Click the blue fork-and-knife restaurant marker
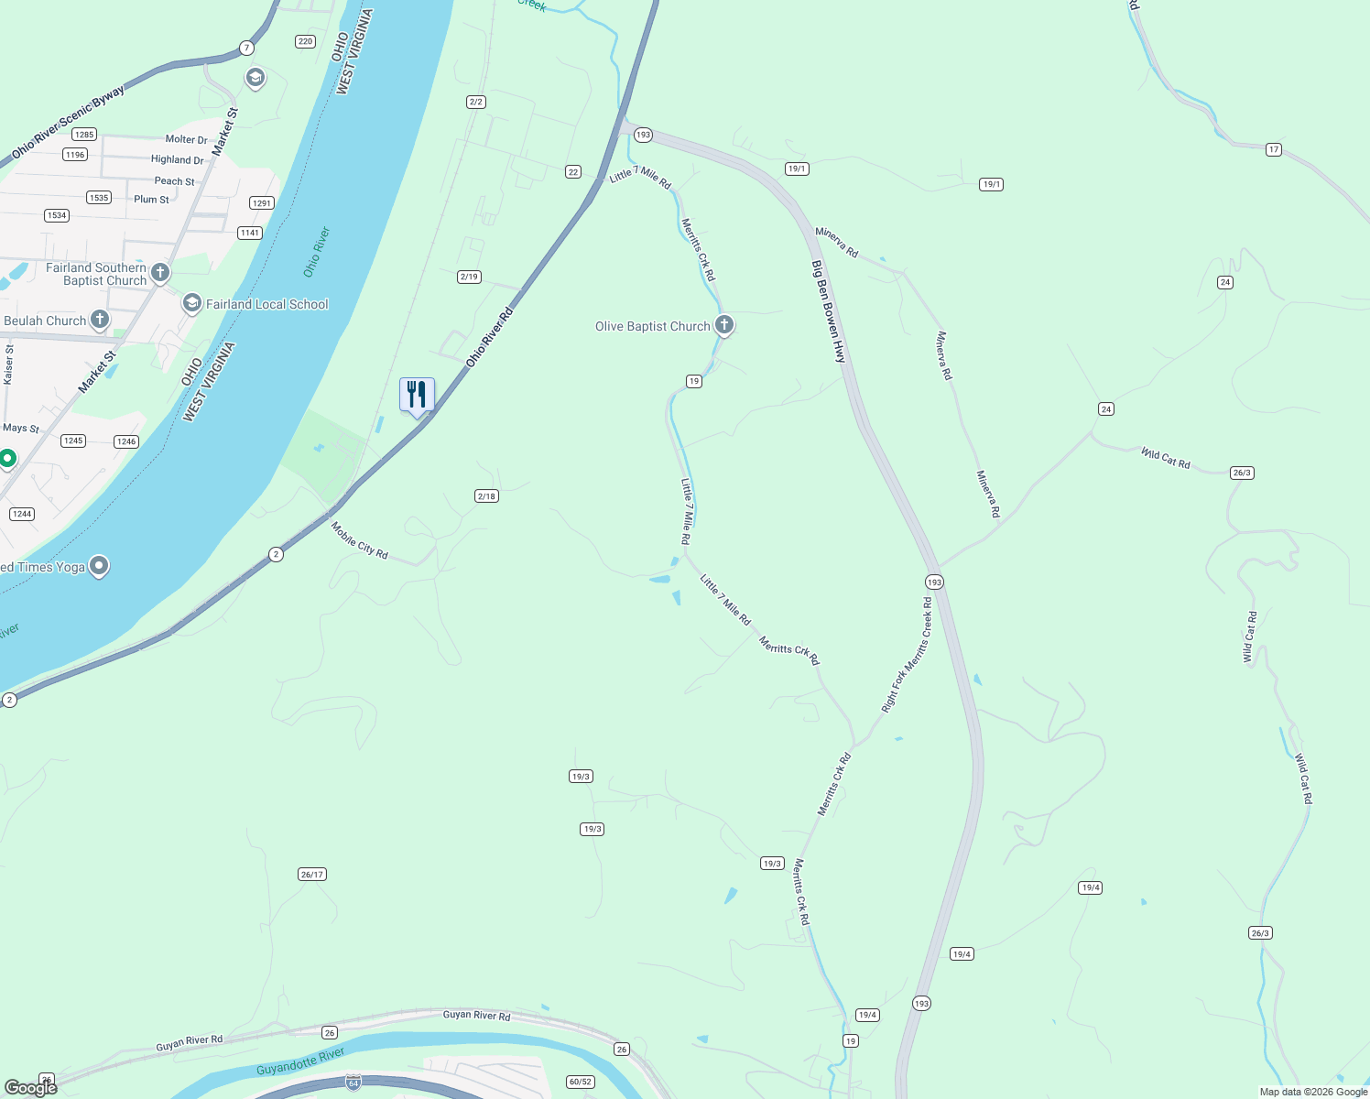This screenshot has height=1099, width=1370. (x=417, y=396)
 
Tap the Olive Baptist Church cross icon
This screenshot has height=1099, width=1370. (x=724, y=324)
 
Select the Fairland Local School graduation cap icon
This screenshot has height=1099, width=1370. (x=192, y=303)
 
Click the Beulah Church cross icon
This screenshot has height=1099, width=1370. (x=100, y=320)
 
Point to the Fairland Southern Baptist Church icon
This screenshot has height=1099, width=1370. (x=160, y=272)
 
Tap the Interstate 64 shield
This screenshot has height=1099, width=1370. (x=353, y=1083)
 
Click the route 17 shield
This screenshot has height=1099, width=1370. (x=1273, y=149)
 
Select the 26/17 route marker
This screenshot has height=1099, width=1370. (x=312, y=875)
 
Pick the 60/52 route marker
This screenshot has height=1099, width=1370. (x=581, y=1082)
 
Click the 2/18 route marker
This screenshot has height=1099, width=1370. (x=486, y=496)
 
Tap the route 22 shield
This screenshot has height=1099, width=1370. (x=573, y=171)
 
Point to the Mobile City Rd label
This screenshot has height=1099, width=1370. (x=359, y=540)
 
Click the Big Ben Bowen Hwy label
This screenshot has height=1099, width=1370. (x=828, y=311)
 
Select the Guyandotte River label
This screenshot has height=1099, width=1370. (x=300, y=1062)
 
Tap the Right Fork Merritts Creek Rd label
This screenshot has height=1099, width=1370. (x=907, y=655)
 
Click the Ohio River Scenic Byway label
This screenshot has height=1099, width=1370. (x=68, y=122)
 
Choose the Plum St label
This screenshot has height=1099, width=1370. (x=151, y=199)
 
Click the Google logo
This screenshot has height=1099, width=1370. (x=30, y=1087)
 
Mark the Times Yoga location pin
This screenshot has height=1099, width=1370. (x=99, y=566)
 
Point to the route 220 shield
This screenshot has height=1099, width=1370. (x=306, y=41)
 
